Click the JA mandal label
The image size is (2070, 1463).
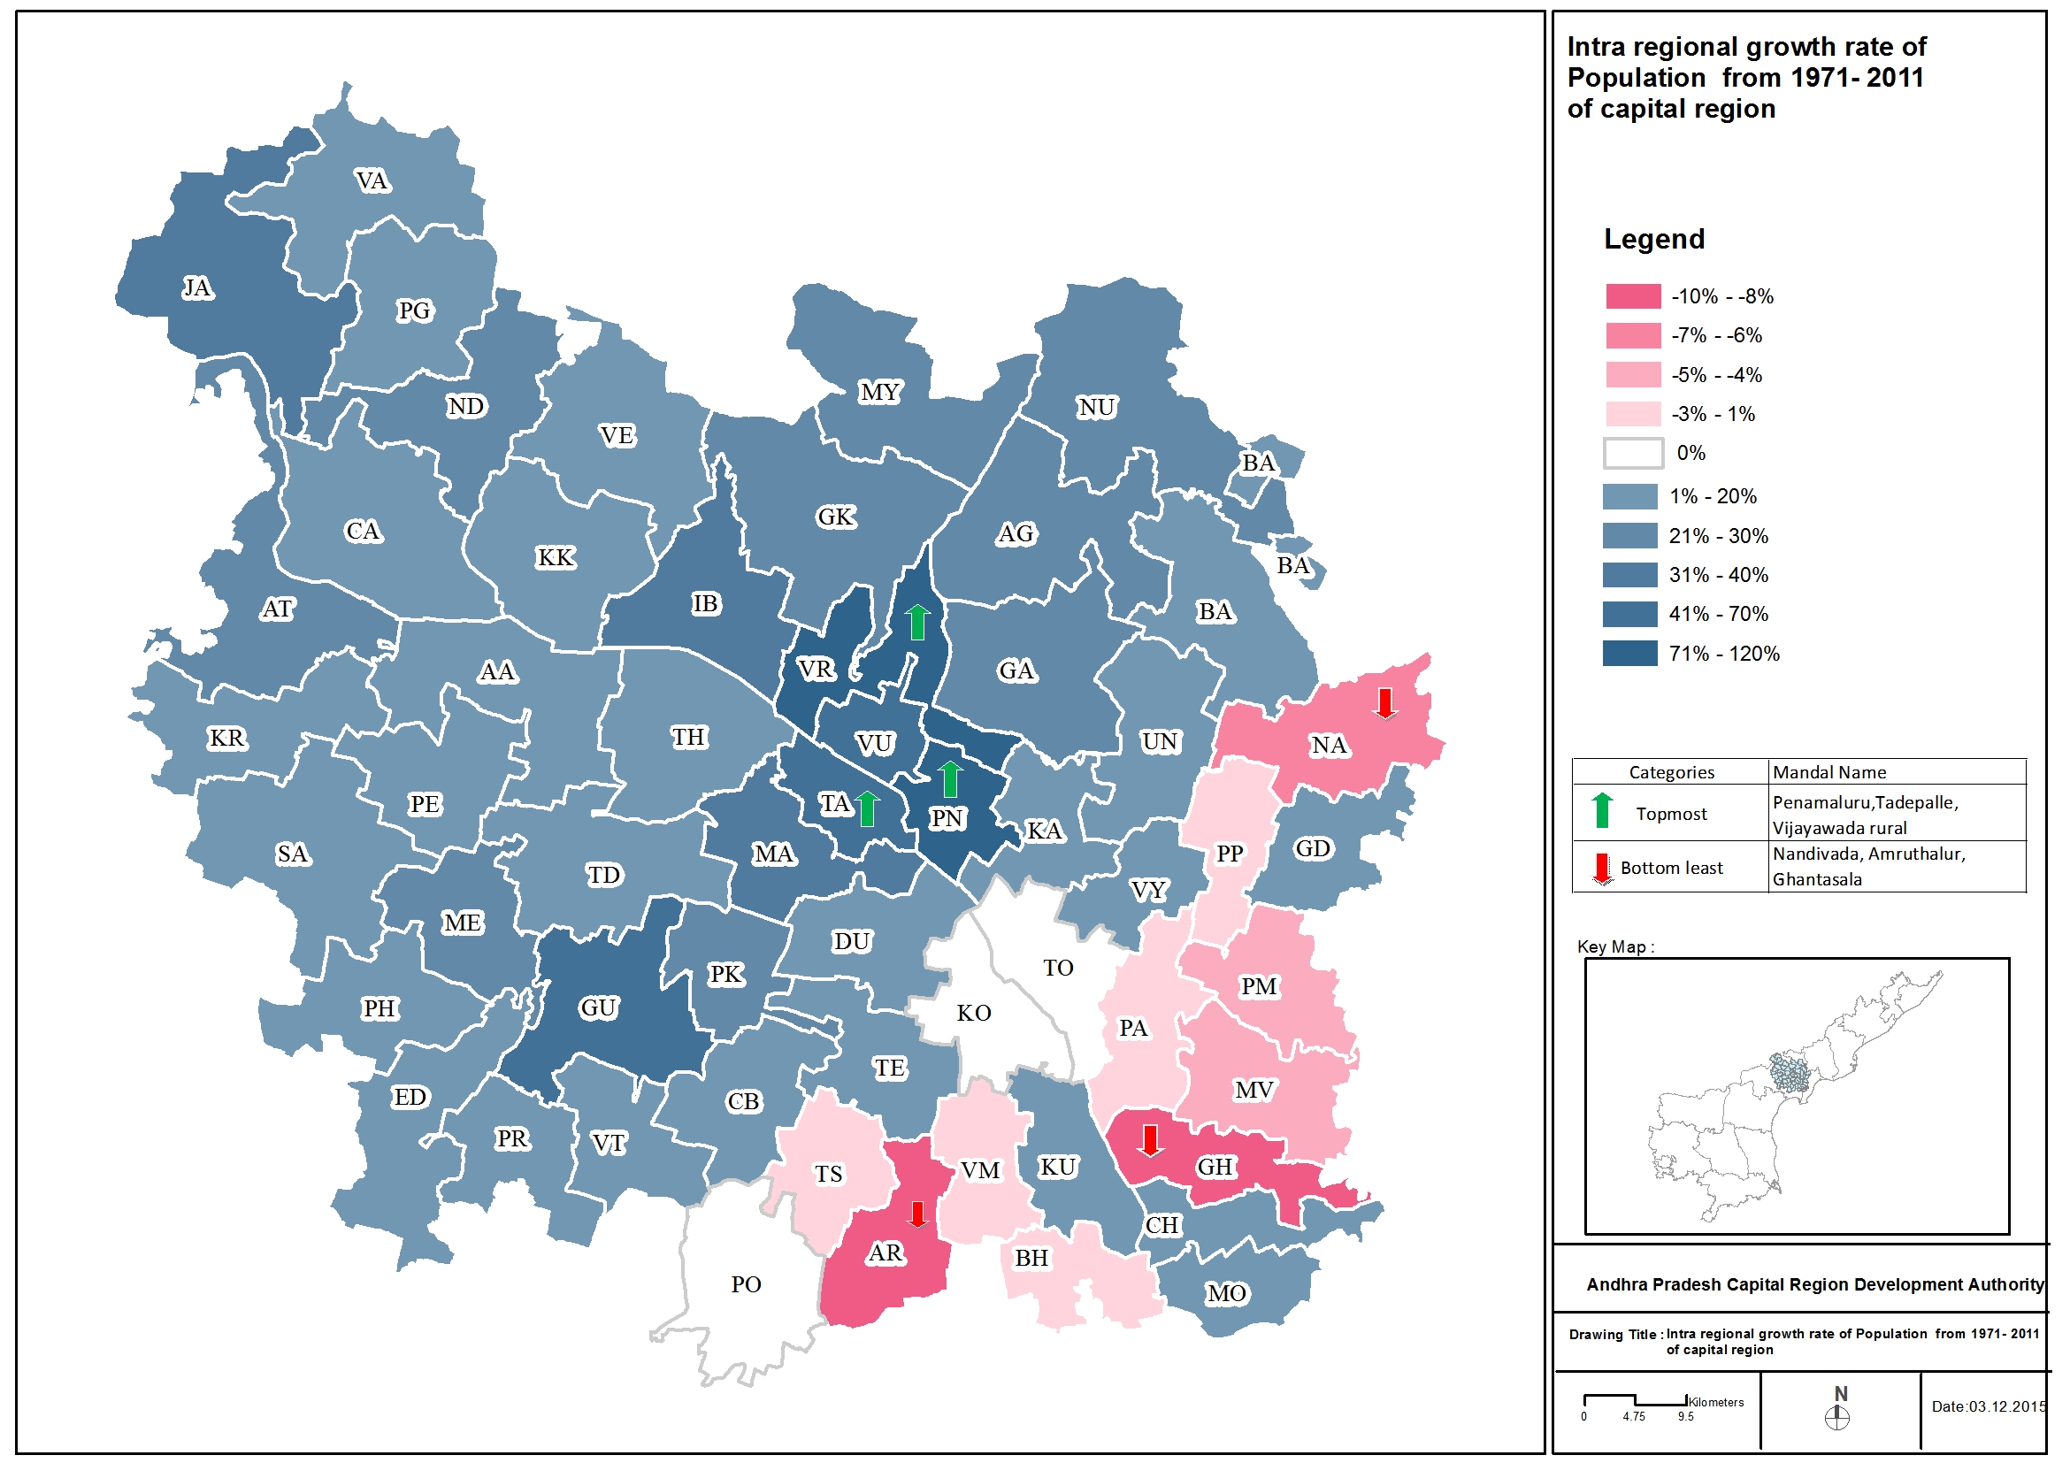click(x=197, y=288)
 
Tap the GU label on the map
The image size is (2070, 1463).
click(x=599, y=1007)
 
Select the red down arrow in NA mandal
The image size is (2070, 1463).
click(x=1385, y=703)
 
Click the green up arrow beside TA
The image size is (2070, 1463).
click(x=867, y=808)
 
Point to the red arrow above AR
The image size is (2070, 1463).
click(x=918, y=1214)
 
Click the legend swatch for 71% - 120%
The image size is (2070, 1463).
click(x=1630, y=654)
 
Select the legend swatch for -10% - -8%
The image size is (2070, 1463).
click(x=1633, y=296)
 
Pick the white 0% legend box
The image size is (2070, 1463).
click(x=1633, y=454)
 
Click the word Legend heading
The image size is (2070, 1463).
click(x=1653, y=240)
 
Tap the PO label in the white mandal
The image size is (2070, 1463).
click(x=746, y=1284)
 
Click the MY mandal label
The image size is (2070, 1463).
click(x=880, y=392)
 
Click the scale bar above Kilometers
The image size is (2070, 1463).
click(x=1635, y=1400)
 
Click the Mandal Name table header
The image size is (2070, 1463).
click(x=1829, y=772)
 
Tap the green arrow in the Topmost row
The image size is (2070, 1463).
click(x=1602, y=811)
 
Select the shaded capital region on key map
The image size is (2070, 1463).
click(x=1790, y=1075)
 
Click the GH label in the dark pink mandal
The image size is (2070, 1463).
click(x=1215, y=1168)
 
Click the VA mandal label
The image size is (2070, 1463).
click(x=372, y=182)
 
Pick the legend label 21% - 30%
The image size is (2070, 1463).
click(x=1718, y=536)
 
